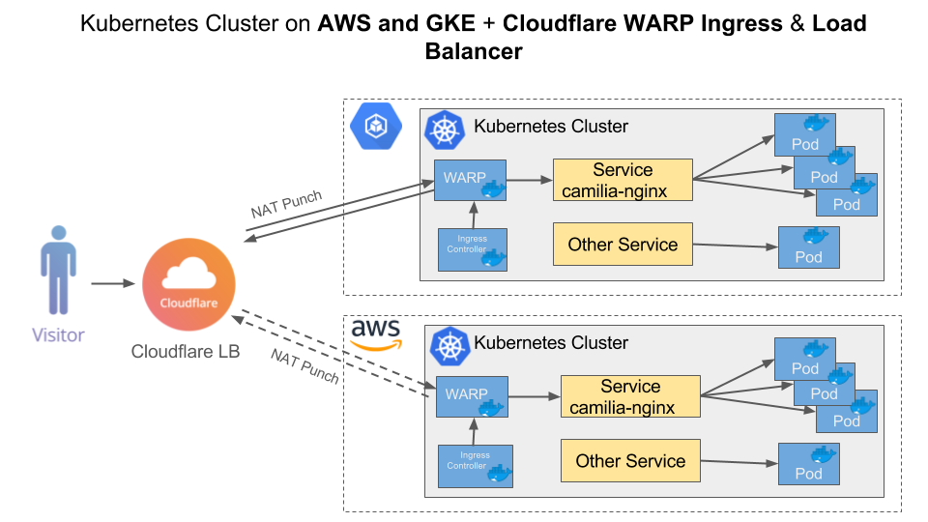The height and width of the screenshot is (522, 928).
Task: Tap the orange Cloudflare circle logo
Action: tap(188, 286)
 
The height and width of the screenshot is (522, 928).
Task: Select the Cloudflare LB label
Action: tap(185, 352)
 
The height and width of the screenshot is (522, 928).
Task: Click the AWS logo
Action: tap(375, 334)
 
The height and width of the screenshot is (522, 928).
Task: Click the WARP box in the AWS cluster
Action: tap(471, 396)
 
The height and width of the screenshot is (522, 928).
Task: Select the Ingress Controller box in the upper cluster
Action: tap(471, 247)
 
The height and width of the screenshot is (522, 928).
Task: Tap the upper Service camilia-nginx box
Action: tap(623, 180)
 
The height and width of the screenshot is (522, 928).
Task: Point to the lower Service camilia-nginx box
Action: tap(630, 396)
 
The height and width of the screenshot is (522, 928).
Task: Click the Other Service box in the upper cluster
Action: tap(623, 245)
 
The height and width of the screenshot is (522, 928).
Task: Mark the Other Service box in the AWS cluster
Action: tap(630, 461)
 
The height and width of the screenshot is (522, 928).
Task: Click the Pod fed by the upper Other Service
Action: tap(808, 247)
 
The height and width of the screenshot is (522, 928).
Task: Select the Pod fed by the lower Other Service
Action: tap(808, 464)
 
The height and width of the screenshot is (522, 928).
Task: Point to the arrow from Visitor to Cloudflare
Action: tap(113, 284)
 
